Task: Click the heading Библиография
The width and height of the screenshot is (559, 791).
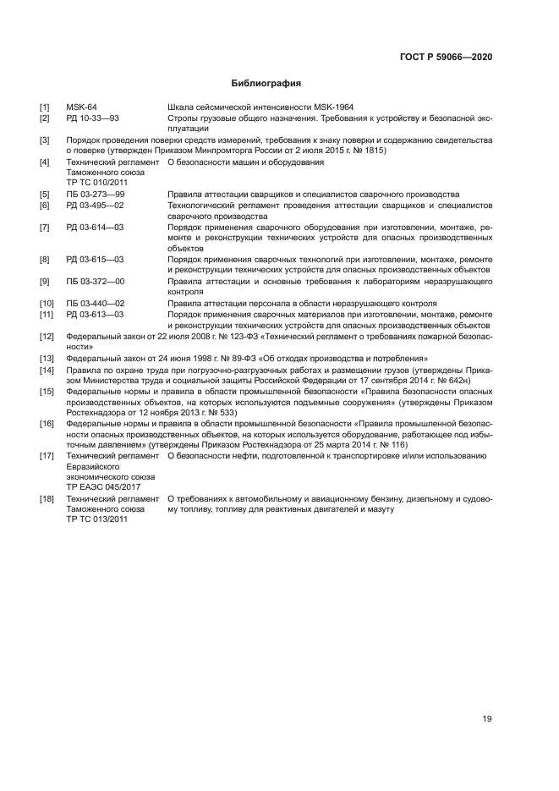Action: pyautogui.click(x=266, y=83)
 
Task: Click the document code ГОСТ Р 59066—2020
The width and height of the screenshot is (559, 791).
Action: pyautogui.click(x=446, y=57)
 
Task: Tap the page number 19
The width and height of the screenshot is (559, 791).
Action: pyautogui.click(x=487, y=719)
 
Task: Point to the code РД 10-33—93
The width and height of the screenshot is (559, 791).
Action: pyautogui.click(x=92, y=118)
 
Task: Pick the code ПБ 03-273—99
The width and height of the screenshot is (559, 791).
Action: pyautogui.click(x=95, y=194)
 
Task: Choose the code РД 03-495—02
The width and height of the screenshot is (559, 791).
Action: pyautogui.click(x=95, y=205)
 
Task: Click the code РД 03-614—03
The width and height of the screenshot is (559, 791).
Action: pyautogui.click(x=95, y=228)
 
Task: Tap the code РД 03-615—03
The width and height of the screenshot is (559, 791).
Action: pyautogui.click(x=95, y=259)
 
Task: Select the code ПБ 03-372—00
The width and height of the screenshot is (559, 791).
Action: pyautogui.click(x=95, y=281)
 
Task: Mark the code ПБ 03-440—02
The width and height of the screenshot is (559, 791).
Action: pyautogui.click(x=95, y=303)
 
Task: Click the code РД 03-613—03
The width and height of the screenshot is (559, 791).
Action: pyautogui.click(x=95, y=314)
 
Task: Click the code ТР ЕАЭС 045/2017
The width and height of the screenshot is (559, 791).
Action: pyautogui.click(x=103, y=487)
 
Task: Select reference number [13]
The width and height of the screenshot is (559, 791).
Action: pyautogui.click(x=47, y=358)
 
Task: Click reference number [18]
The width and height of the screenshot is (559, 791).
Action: pyautogui.click(x=47, y=498)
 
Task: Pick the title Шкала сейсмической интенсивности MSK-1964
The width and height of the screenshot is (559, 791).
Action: pyautogui.click(x=260, y=107)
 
